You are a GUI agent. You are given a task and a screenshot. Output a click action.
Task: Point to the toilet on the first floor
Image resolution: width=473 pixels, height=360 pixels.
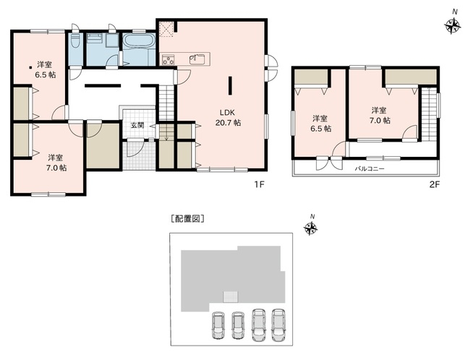(75, 40)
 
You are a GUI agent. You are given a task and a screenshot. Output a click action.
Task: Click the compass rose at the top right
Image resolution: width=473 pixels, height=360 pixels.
(453, 27)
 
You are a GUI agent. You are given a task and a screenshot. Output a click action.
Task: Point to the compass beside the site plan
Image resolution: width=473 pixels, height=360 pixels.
(312, 229)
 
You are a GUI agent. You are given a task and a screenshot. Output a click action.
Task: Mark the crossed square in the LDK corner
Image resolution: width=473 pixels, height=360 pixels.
(166, 28)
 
